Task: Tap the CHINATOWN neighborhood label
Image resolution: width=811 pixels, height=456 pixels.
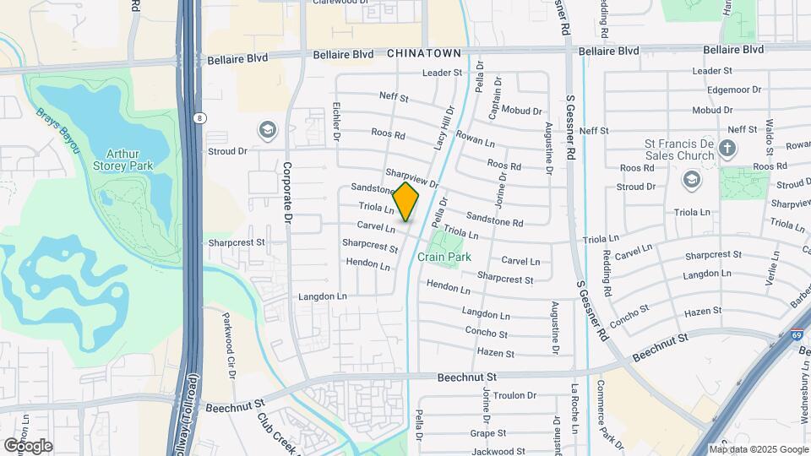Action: coord(424,53)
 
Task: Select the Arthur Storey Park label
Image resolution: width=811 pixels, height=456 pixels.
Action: coord(129,160)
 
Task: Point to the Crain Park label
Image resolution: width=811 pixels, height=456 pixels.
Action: coord(444,256)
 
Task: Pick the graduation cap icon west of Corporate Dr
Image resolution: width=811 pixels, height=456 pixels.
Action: coord(268,130)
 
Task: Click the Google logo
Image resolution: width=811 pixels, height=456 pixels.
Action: coord(28,445)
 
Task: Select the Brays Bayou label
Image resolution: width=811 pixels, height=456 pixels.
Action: coord(57,130)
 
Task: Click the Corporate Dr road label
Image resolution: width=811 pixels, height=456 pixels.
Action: coord(287,193)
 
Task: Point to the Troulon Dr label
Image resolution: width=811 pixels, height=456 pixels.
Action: coord(514,395)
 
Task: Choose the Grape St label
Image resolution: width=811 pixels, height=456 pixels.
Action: coord(487,433)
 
